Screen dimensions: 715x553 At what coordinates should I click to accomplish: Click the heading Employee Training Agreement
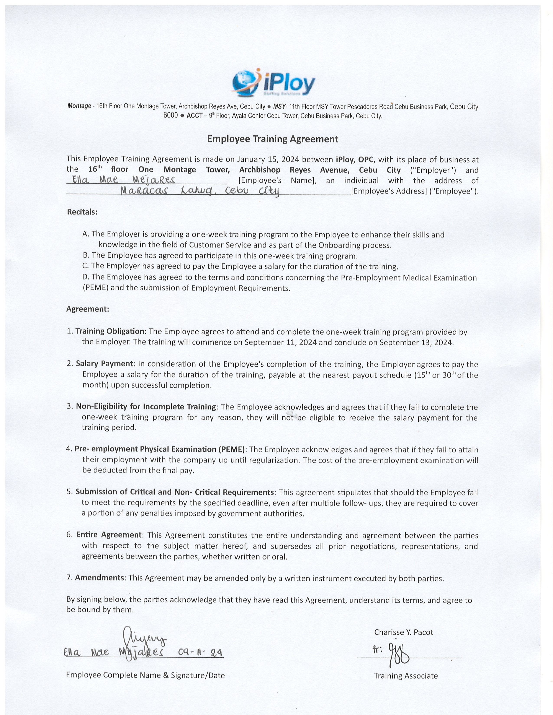(273, 139)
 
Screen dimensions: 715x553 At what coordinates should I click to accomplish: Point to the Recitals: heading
(82, 212)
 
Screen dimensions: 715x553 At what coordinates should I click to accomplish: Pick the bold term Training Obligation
(110, 331)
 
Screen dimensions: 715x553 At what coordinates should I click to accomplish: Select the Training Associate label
(406, 676)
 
